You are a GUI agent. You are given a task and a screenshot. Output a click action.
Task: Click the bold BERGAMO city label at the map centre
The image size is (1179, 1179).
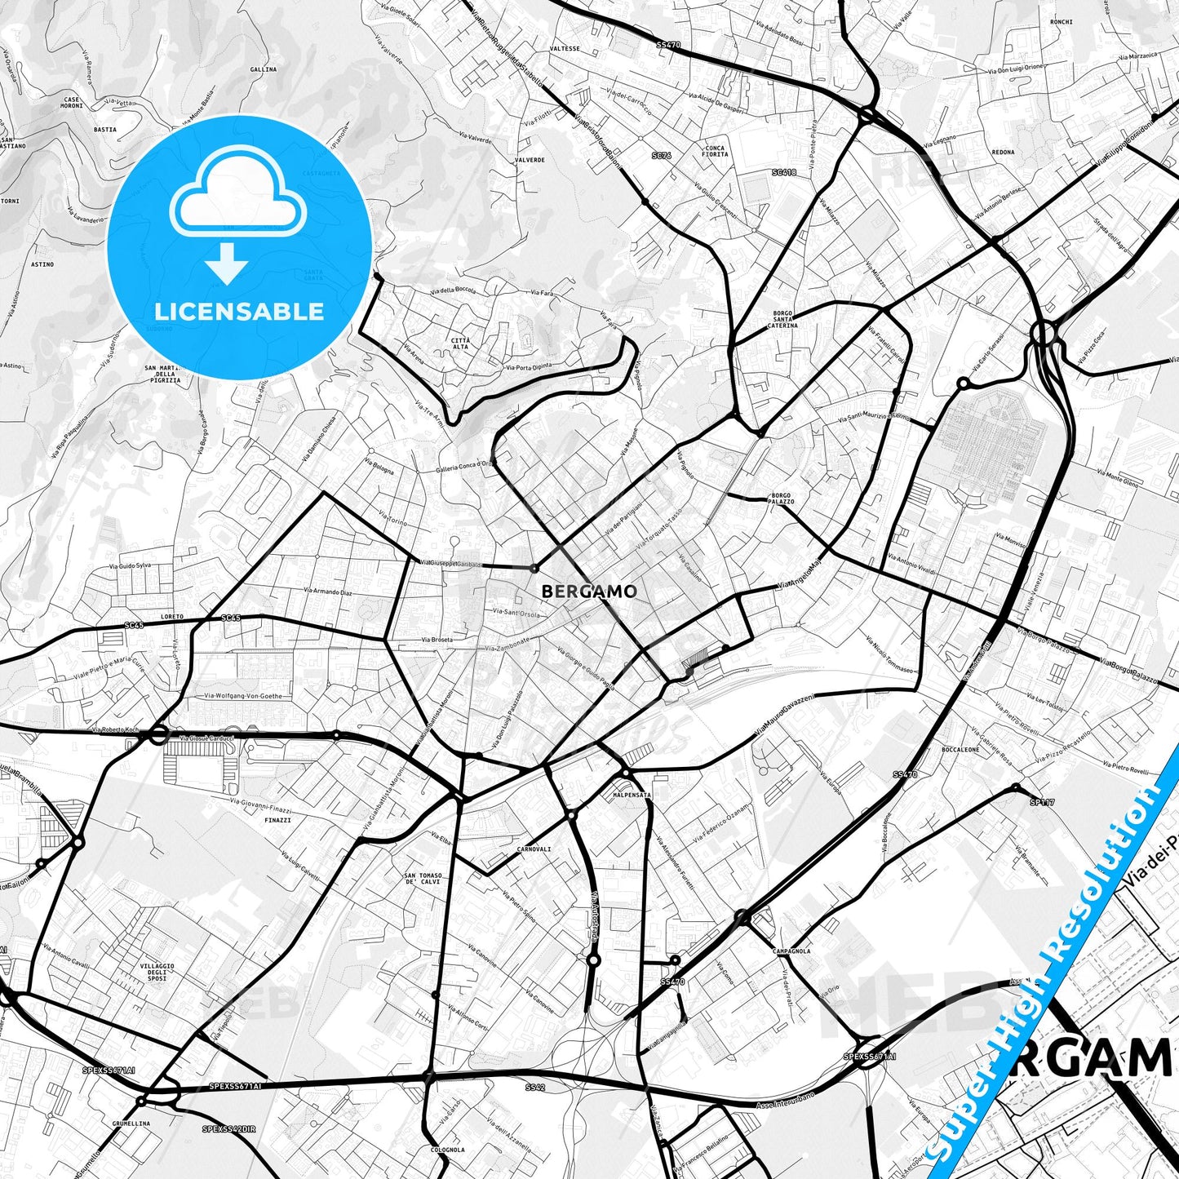coord(588,591)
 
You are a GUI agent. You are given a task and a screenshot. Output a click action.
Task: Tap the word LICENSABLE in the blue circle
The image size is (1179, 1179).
coord(239,311)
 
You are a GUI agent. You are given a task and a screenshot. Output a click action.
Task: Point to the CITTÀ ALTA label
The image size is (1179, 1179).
coord(460,344)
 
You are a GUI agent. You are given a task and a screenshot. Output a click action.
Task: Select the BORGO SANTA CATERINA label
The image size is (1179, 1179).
coord(782,319)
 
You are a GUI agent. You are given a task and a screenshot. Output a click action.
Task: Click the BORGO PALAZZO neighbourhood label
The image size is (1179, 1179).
coord(781,499)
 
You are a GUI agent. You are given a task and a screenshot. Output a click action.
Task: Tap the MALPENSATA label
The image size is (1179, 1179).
coord(632,794)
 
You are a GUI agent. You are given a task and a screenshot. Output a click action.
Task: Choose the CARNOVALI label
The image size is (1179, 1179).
coord(534,849)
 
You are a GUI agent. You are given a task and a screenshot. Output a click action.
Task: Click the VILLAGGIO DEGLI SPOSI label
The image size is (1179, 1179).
coord(157,972)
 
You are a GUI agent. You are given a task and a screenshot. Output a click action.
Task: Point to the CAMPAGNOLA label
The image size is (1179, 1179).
coord(791,951)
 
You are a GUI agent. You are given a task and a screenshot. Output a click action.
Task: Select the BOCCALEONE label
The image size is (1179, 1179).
coord(960,749)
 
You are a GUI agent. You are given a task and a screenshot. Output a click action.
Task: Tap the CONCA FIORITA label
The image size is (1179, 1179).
coord(715,151)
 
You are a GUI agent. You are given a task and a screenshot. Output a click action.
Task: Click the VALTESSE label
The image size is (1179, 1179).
coord(565,49)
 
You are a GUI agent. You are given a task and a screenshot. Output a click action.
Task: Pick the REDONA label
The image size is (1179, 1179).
coord(1003,152)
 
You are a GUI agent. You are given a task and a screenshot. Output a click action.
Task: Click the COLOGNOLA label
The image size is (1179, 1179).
coord(448,1150)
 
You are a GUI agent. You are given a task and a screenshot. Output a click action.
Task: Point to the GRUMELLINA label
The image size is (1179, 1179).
coord(131,1123)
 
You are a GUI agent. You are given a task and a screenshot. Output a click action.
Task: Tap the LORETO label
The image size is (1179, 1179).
coord(172,617)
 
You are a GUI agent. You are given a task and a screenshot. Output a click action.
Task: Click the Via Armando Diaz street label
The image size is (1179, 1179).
coord(327,592)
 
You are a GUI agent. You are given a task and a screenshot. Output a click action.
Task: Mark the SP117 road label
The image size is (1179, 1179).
coord(1042,802)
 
